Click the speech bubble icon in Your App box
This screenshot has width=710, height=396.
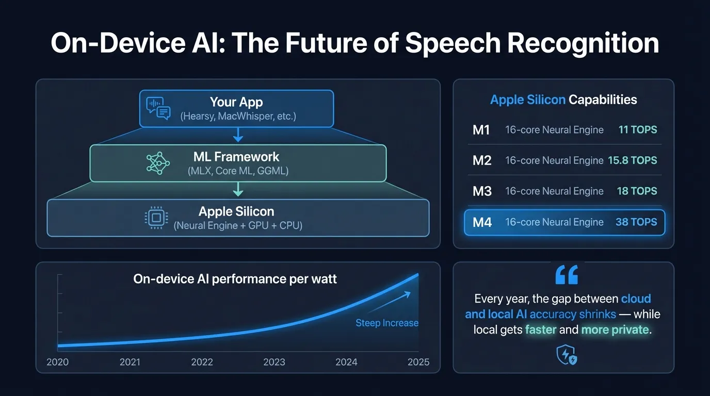tap(158, 108)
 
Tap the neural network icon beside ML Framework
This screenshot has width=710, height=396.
tap(158, 163)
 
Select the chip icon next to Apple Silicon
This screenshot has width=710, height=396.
tap(156, 218)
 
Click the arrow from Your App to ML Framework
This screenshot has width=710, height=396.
tap(238, 135)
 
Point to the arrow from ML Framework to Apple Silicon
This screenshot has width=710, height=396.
tap(238, 190)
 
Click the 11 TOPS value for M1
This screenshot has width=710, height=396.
tap(638, 129)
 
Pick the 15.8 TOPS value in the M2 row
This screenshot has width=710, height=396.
tap(632, 160)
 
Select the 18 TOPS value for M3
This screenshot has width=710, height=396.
tap(637, 191)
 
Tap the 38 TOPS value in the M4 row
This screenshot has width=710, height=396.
tap(636, 222)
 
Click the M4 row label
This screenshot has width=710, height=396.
tap(482, 222)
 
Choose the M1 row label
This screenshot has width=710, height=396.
tap(481, 129)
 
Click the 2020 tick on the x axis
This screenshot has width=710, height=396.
tap(57, 362)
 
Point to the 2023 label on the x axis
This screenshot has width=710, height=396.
tap(274, 362)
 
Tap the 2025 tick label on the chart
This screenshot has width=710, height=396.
tap(418, 362)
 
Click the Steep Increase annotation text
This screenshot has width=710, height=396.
tap(386, 323)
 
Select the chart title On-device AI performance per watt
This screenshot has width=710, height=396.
tap(235, 279)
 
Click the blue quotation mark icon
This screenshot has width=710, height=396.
tap(566, 275)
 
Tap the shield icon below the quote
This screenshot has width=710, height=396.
tap(566, 355)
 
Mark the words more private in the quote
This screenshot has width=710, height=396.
tap(615, 329)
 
